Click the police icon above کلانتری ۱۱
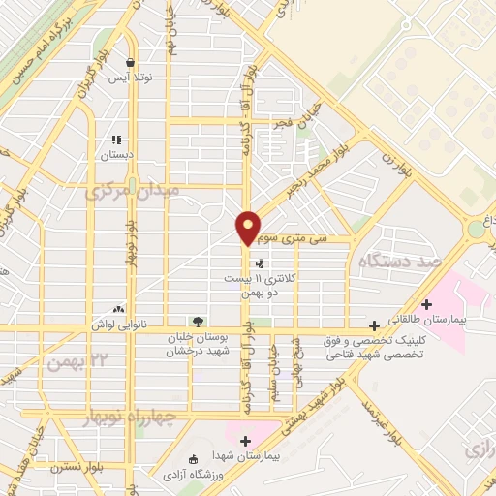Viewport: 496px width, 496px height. (259, 263)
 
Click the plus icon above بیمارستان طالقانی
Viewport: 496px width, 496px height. (426, 304)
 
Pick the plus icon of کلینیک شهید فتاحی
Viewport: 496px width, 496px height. (374, 326)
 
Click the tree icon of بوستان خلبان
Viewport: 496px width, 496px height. (199, 320)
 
